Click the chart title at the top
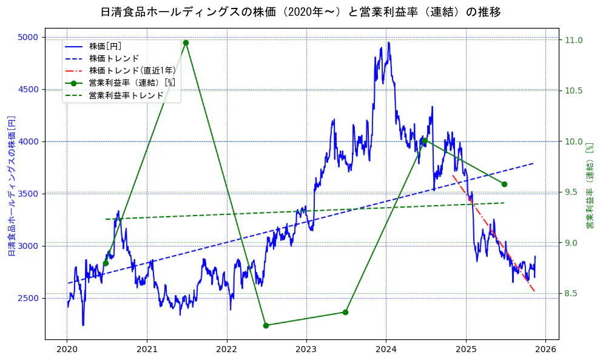point(300,12)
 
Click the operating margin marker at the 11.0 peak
point(186,42)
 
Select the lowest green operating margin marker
point(266,325)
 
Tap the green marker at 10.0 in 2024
point(425,141)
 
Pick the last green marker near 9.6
point(504,184)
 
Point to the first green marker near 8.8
point(106,263)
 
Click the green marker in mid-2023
point(345,312)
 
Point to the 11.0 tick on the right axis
point(573,40)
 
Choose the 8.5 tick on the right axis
point(573,294)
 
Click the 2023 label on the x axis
point(306,350)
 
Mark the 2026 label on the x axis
point(545,350)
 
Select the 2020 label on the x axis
point(67,350)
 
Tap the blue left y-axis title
point(11,185)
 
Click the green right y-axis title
point(589,186)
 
